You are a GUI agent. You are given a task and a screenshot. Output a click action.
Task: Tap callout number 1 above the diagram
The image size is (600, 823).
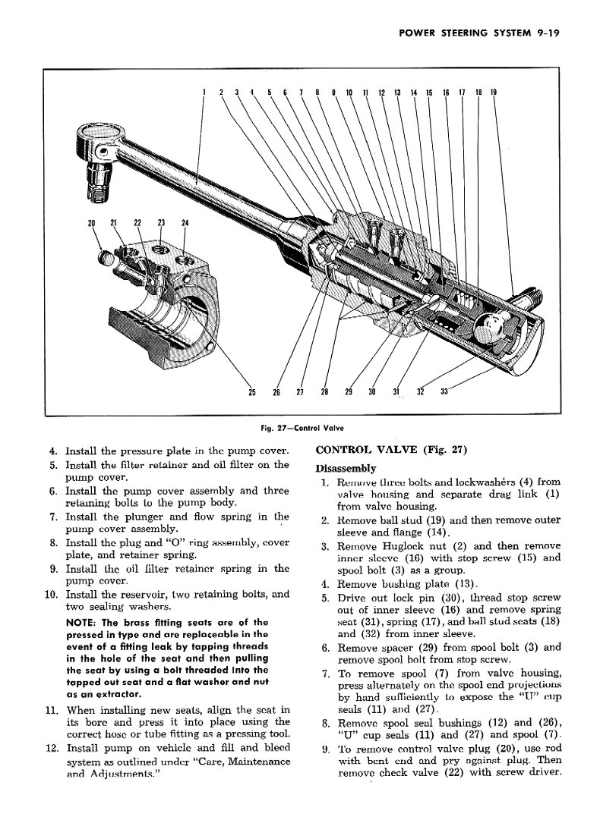pyautogui.click(x=204, y=93)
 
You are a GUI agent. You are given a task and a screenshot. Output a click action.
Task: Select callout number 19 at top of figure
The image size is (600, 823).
pyautogui.click(x=494, y=93)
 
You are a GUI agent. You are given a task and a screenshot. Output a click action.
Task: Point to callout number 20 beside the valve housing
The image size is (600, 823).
pyautogui.click(x=92, y=223)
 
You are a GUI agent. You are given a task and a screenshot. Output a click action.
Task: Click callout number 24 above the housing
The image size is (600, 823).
pyautogui.click(x=185, y=223)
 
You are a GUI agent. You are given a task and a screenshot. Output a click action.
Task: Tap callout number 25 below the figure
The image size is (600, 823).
pyautogui.click(x=252, y=392)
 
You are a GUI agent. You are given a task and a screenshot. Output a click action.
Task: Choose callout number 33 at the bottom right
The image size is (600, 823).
pyautogui.click(x=445, y=392)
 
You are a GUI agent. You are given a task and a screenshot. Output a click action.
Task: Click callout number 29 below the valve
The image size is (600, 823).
pyautogui.click(x=349, y=392)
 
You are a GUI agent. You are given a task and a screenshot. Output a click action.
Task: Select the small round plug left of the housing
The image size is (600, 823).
pyautogui.click(x=106, y=258)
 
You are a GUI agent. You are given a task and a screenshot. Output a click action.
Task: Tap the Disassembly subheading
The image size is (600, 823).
pyautogui.click(x=346, y=468)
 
